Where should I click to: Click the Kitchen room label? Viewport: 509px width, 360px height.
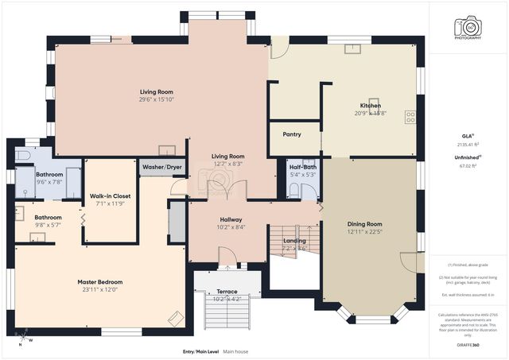(x=370, y=106)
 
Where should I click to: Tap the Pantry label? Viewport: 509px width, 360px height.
(x=292, y=134)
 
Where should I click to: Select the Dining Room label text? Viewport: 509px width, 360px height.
(x=364, y=224)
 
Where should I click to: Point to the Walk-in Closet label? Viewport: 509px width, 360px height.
(x=110, y=195)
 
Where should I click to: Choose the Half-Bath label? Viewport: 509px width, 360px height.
(x=303, y=167)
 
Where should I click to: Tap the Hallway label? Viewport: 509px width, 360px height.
(x=231, y=219)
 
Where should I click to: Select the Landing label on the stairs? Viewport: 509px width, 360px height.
(x=295, y=241)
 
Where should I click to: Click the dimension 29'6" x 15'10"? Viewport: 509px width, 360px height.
(x=157, y=99)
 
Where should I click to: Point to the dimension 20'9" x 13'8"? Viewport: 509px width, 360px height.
(x=370, y=114)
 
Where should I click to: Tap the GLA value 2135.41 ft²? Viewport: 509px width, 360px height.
(x=468, y=145)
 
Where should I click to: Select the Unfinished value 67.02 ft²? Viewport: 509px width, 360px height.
(x=468, y=166)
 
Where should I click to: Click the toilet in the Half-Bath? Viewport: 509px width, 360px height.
(x=293, y=189)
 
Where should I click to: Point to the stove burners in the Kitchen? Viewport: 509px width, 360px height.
(x=410, y=117)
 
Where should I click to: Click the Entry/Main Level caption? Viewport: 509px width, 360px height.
(x=200, y=350)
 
